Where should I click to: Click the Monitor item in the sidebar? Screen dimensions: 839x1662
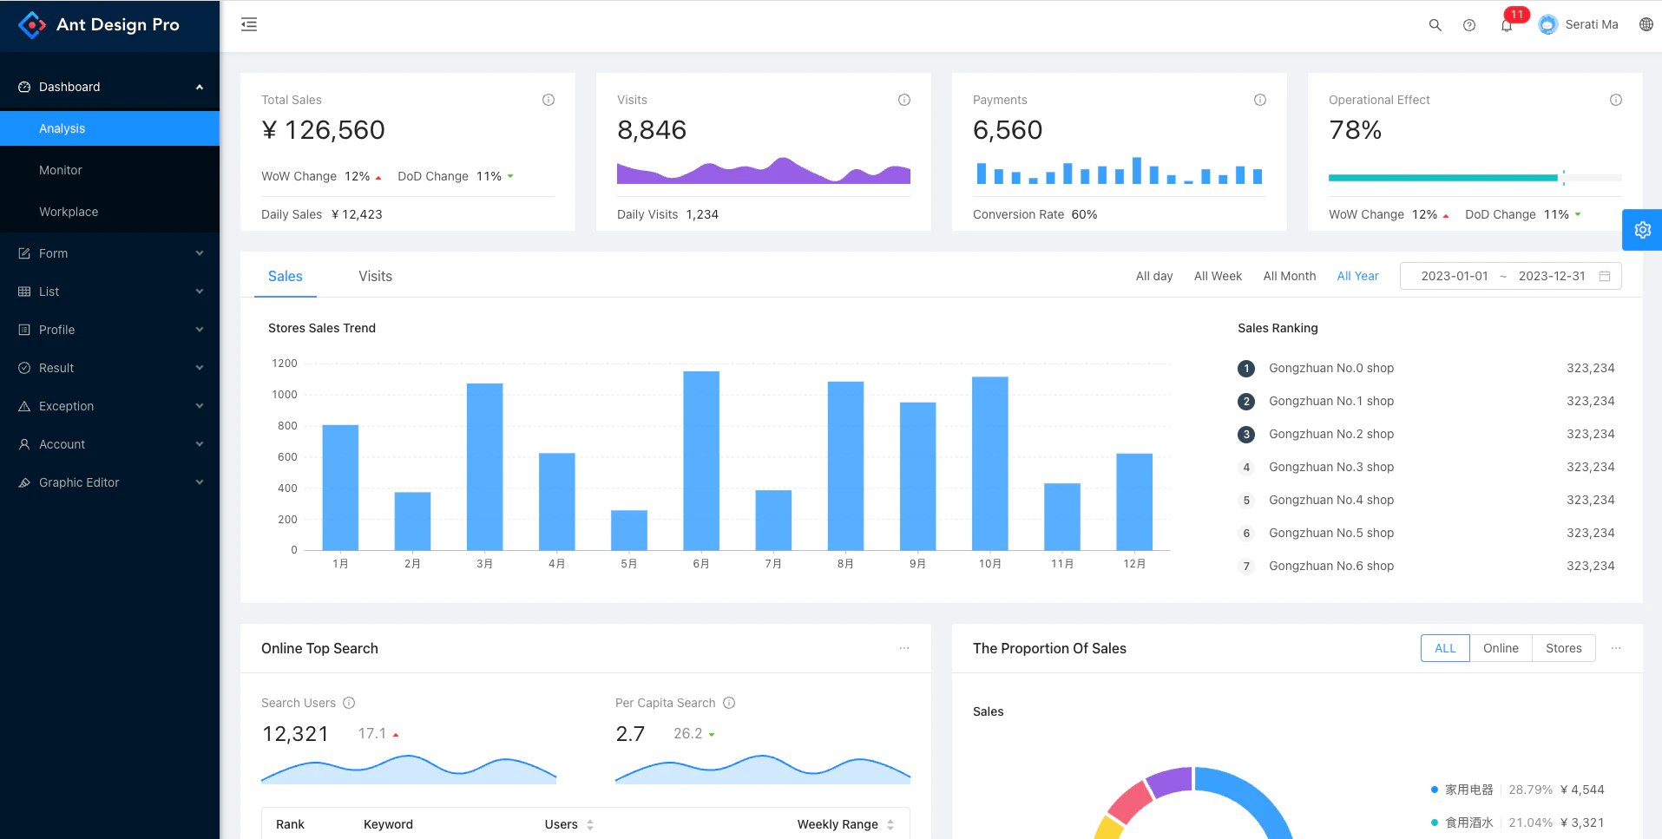click(61, 170)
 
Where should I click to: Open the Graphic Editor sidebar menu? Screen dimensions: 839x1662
click(79, 482)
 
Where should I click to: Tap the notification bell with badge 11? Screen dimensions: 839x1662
click(1507, 25)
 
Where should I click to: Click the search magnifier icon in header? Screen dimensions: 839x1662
click(1435, 25)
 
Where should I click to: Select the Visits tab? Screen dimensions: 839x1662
click(375, 276)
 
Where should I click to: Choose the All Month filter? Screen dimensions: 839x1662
click(1289, 276)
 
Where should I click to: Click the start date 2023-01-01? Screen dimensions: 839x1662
click(1454, 276)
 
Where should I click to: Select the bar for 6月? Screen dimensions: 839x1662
click(701, 460)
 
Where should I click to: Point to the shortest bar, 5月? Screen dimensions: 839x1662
click(629, 529)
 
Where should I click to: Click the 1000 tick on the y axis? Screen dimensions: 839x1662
click(285, 395)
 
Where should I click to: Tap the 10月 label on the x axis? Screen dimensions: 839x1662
click(989, 564)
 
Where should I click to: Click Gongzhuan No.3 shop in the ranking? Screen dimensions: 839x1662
click(1330, 467)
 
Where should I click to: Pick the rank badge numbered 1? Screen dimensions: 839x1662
click(1246, 369)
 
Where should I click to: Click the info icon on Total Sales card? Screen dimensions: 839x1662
click(549, 100)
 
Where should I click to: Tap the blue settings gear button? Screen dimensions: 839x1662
click(1642, 230)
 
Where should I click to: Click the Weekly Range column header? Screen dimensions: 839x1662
click(838, 824)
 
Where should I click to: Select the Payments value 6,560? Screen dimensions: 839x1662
click(1008, 130)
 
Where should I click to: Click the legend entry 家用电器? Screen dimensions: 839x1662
click(1468, 790)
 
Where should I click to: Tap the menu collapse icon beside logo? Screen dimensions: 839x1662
click(249, 24)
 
